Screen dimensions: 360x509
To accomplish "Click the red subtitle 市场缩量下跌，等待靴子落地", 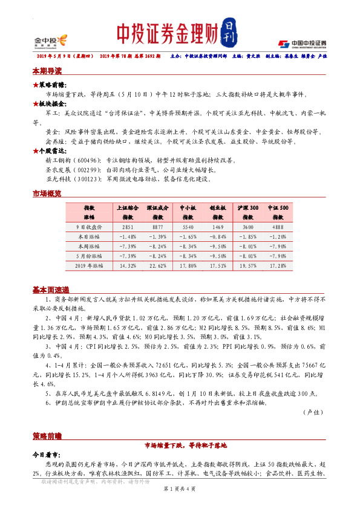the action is [x=180, y=445].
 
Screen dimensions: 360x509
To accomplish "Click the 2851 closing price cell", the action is [x=128, y=226].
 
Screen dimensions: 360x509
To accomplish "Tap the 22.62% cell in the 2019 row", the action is [x=158, y=265].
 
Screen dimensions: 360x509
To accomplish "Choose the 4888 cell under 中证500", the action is [x=280, y=226].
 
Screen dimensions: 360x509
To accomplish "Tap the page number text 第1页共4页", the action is [x=180, y=488].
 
